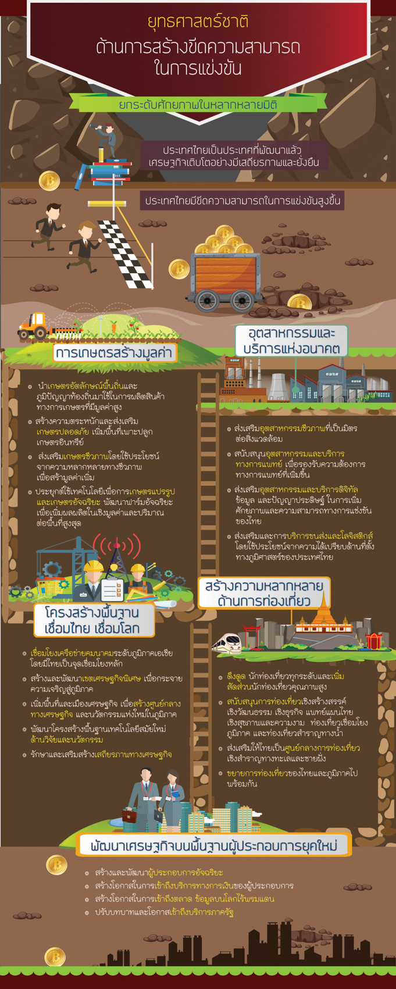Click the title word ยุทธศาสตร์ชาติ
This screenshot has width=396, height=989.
pyautogui.click(x=198, y=22)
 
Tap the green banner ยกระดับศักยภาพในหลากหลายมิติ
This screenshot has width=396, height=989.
pyautogui.click(x=198, y=104)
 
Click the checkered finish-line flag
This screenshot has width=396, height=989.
pyautogui.click(x=126, y=254)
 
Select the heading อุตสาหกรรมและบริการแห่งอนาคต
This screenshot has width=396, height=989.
pyautogui.click(x=291, y=341)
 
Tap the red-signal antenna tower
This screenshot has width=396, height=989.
pyautogui.click(x=116, y=557)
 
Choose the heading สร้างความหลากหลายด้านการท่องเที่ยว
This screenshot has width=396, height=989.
pyautogui.click(x=264, y=593)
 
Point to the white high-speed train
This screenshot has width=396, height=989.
pyautogui.click(x=227, y=642)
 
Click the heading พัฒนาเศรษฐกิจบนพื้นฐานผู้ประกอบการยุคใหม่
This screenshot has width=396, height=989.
pyautogui.click(x=214, y=845)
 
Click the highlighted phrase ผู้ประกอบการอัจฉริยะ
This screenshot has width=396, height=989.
pyautogui.click(x=185, y=873)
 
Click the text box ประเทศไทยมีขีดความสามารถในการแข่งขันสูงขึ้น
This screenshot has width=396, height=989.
pyautogui.click(x=243, y=201)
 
